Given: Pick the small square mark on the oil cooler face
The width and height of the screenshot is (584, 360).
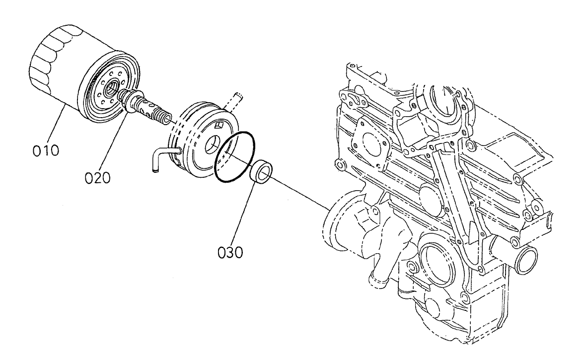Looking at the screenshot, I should (x=219, y=125).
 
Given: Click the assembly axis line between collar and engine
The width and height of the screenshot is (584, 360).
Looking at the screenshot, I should (x=298, y=191).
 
